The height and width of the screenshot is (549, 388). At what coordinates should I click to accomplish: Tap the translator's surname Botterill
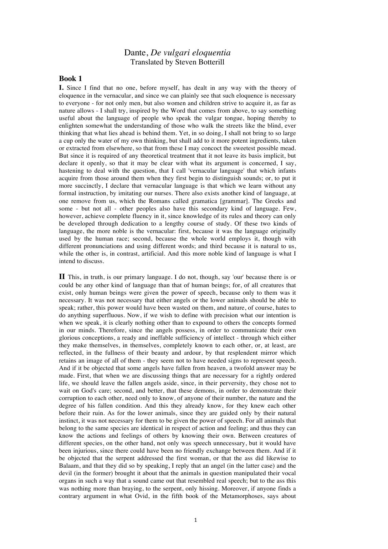[210, 62]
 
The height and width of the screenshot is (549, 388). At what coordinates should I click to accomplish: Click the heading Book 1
[70, 79]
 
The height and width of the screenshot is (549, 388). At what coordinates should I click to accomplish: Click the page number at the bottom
[196, 520]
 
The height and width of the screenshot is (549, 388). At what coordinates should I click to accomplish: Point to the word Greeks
[273, 201]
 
